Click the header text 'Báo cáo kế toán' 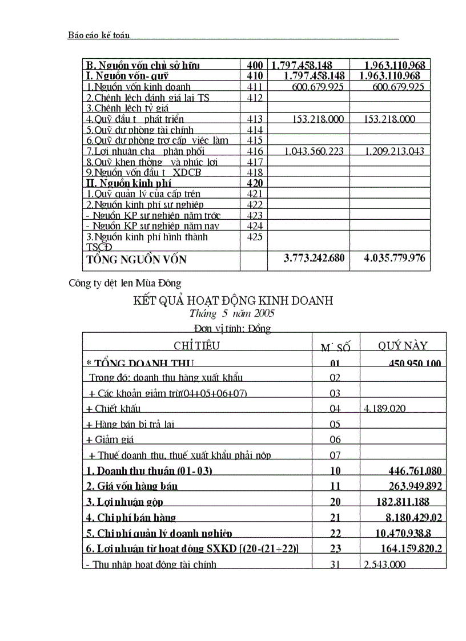(99, 35)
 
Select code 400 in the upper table (254, 65)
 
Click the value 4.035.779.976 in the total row (394, 258)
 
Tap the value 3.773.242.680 (314, 258)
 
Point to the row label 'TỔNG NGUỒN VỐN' (136, 259)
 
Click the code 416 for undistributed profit (255, 151)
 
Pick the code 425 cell (255, 237)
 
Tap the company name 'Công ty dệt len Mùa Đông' (124, 283)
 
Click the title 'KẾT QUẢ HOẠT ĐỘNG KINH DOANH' (232, 300)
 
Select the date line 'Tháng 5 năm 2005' (232, 313)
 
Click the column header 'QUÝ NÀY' (403, 345)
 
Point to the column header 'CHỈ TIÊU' (196, 345)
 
